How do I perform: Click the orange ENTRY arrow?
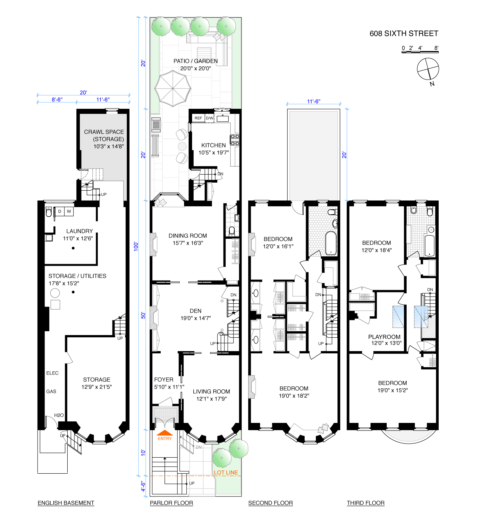pyautogui.click(x=165, y=433)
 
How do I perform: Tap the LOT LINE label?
pyautogui.click(x=226, y=472)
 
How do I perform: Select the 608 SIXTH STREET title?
pyautogui.click(x=404, y=34)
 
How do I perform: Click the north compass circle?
pyautogui.click(x=428, y=69)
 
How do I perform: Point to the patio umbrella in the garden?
pyautogui.click(x=173, y=89)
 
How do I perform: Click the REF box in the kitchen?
pyautogui.click(x=198, y=118)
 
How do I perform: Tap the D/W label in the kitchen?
pyautogui.click(x=209, y=118)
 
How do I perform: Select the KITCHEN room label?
pyautogui.click(x=214, y=145)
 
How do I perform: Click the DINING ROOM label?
pyautogui.click(x=188, y=236)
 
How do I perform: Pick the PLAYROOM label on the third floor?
pyautogui.click(x=384, y=337)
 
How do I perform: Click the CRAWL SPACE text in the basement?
pyautogui.click(x=104, y=132)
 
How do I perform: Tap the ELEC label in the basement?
pyautogui.click(x=52, y=373)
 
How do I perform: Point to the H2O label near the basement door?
pyautogui.click(x=59, y=415)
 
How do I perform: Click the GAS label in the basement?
pyautogui.click(x=51, y=392)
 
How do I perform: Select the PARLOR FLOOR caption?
pyautogui.click(x=172, y=503)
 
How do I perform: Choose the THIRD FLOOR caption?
pyautogui.click(x=366, y=503)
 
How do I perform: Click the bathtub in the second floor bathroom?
pyautogui.click(x=331, y=243)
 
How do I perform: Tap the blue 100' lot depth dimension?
pyautogui.click(x=136, y=246)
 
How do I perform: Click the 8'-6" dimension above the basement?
pyautogui.click(x=57, y=99)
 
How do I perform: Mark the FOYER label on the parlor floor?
pyautogui.click(x=164, y=379)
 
